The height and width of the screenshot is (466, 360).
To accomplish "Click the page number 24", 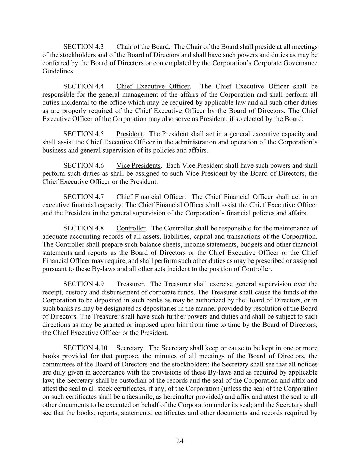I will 180,441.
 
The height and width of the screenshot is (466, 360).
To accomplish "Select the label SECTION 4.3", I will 84,47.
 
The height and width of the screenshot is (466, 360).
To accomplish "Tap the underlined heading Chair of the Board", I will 142,47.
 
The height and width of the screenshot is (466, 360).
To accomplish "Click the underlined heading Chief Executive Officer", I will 153,86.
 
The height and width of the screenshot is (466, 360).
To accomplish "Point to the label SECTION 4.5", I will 84,134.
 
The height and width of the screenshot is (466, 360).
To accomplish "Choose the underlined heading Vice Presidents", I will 138,166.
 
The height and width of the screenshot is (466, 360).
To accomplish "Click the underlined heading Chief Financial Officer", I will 150,197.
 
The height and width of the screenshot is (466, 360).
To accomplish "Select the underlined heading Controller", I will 131,228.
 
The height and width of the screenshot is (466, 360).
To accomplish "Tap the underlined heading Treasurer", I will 130,284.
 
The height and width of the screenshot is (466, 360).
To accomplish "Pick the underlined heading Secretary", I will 129,348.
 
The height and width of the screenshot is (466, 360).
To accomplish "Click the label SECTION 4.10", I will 85,348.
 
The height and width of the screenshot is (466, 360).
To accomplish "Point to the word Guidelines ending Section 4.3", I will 58,71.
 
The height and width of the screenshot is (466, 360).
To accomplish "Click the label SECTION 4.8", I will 84,228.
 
